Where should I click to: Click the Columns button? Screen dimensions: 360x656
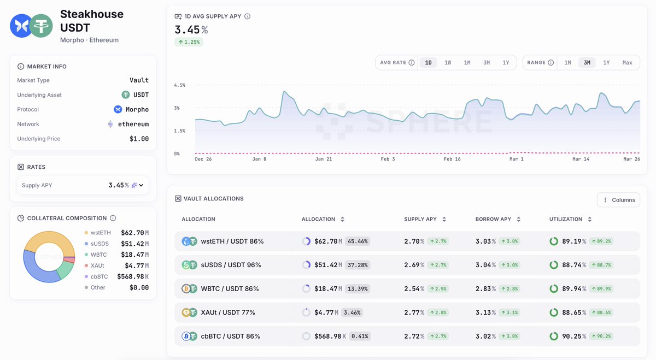619,200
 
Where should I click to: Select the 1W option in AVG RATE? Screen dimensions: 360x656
448,63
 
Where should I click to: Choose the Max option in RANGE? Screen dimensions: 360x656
627,63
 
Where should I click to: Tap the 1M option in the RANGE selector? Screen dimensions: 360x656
567,63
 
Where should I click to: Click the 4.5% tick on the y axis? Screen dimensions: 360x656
180,85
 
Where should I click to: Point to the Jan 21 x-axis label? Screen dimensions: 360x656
324,159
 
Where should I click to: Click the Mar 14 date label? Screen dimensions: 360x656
581,159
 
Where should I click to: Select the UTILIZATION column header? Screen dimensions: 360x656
566,219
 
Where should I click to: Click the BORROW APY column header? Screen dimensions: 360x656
493,219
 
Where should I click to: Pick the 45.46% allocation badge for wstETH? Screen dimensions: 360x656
358,241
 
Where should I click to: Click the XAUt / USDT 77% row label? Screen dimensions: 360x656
228,312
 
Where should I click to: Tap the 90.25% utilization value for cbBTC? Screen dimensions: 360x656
573,337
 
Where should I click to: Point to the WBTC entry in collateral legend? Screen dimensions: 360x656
98,255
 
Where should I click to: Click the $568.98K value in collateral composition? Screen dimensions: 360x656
133,276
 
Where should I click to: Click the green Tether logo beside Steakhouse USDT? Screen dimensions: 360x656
41,26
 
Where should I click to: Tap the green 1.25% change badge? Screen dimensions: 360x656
189,42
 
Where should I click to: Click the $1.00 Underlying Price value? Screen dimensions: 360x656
139,139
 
